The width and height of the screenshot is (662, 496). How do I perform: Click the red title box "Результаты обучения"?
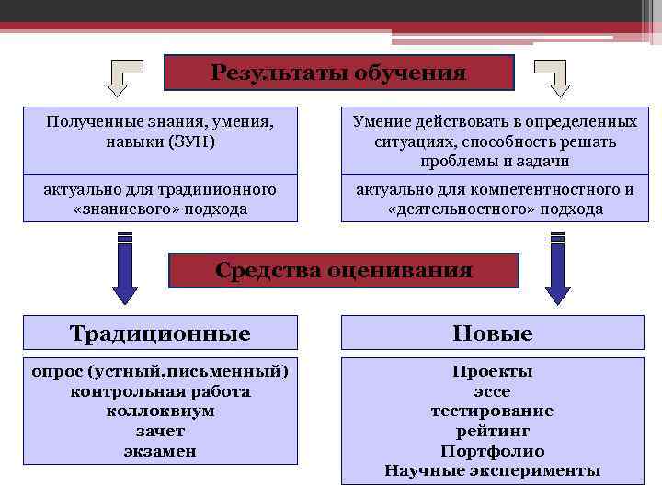(x=338, y=73)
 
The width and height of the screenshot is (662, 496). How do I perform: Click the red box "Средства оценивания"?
(x=344, y=270)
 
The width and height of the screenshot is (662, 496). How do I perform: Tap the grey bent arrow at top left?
(x=123, y=77)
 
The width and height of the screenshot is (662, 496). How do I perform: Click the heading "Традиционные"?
(x=160, y=333)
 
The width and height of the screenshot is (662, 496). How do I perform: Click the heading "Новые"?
(x=492, y=333)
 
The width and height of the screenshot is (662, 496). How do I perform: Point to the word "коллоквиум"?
(x=160, y=411)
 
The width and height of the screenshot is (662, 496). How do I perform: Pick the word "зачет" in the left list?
(x=160, y=431)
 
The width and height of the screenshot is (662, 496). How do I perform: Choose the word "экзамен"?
(x=160, y=451)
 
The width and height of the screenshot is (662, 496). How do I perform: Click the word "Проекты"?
(x=492, y=371)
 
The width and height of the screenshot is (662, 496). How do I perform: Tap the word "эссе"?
(x=492, y=391)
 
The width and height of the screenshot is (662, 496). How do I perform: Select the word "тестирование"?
(x=492, y=411)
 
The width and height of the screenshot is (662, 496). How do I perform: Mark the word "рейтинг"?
(x=492, y=431)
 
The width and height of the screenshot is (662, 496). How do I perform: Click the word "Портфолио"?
(x=492, y=451)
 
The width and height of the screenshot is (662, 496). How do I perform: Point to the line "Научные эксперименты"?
(x=492, y=471)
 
